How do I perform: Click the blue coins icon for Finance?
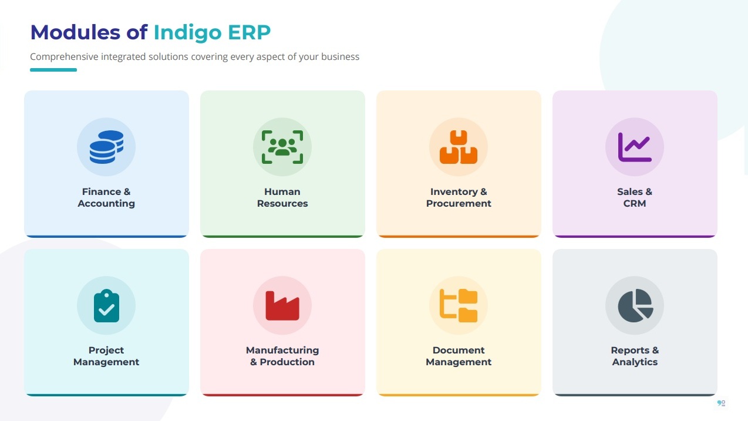pos(106,147)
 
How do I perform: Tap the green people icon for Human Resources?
pos(282,147)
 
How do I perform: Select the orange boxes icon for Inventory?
pos(459,147)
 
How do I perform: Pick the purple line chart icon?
pos(635,147)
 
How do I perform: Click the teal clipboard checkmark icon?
pos(106,305)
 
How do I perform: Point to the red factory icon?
pos(282,306)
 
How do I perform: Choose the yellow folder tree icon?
pos(459,305)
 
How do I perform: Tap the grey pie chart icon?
pos(635,305)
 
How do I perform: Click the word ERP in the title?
pos(249,32)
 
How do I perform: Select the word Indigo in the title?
pos(188,33)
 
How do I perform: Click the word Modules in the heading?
pos(76,32)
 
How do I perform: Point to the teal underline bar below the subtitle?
pos(53,70)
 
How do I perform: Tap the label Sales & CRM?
pos(635,197)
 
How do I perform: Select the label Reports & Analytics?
pos(635,356)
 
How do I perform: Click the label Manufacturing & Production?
pos(282,356)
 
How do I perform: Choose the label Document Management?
pos(459,356)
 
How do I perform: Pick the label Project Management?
pos(106,356)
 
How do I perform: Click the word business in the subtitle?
pos(341,57)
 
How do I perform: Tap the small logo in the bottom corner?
pos(721,403)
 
